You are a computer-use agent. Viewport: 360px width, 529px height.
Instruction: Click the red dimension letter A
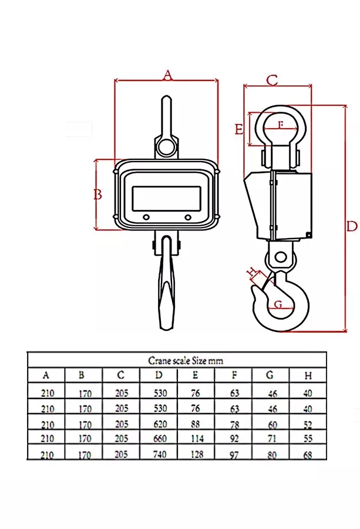[x=167, y=75]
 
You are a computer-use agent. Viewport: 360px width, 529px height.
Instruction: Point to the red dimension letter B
[x=97, y=195]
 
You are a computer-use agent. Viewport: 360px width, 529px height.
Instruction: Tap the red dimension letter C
[x=272, y=80]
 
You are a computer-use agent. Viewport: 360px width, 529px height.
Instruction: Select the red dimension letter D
[x=352, y=226]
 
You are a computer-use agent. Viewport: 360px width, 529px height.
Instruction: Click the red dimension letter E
[x=239, y=129]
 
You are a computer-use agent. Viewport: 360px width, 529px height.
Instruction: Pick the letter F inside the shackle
[x=281, y=125]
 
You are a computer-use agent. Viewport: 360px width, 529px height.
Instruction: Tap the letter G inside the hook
[x=278, y=304]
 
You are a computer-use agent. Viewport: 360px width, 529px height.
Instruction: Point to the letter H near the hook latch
[x=252, y=272]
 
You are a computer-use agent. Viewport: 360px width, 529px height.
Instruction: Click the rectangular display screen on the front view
[x=167, y=199]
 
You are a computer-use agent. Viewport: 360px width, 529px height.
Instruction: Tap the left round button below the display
[x=146, y=217]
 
